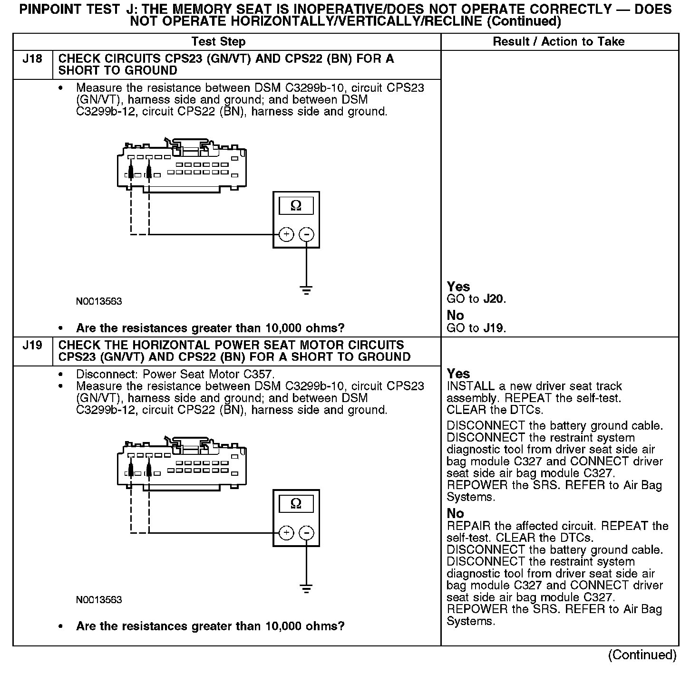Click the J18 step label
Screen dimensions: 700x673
pos(32,59)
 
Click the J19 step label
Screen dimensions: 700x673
pos(32,346)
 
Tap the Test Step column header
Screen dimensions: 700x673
pos(218,42)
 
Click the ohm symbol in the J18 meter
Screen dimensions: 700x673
pos(296,206)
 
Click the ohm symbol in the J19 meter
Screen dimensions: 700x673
pos(296,504)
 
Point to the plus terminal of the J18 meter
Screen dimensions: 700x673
pos(286,234)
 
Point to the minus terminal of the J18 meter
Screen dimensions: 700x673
pos(306,234)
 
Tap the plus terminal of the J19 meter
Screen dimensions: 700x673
pos(286,533)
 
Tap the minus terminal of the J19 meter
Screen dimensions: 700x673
pos(306,533)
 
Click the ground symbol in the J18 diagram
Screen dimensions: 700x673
pos(306,290)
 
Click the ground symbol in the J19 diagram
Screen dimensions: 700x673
pos(306,588)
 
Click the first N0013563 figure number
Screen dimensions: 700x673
pos(99,302)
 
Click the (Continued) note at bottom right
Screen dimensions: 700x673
pos(642,655)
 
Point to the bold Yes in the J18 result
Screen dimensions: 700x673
pos(458,287)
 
